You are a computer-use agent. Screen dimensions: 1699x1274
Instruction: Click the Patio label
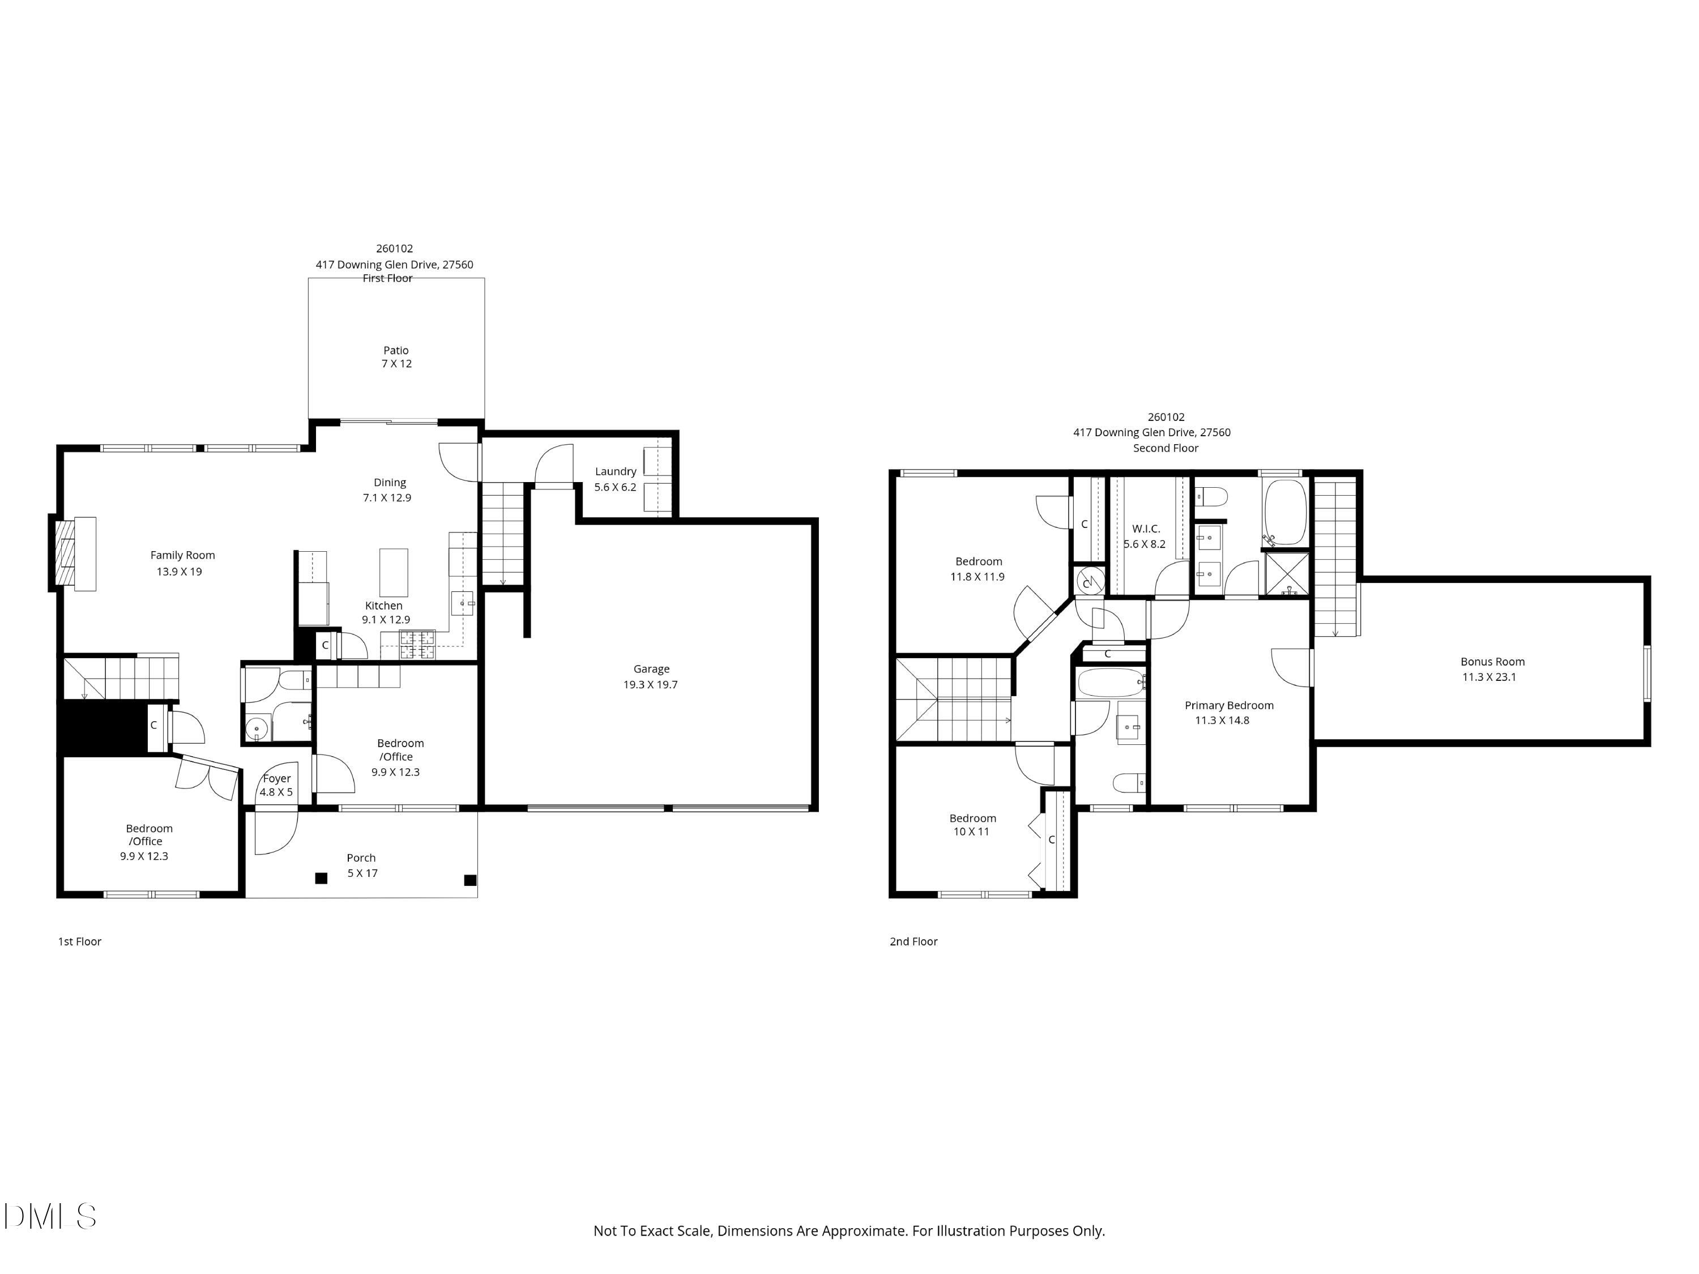click(396, 351)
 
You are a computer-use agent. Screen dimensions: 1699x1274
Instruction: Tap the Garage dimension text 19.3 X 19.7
click(651, 685)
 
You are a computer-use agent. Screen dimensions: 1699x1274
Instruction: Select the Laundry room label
click(615, 472)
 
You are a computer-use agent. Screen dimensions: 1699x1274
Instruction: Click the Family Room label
click(183, 556)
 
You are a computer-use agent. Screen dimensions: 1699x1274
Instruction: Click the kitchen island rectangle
click(394, 573)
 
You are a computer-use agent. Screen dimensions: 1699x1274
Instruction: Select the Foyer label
click(278, 778)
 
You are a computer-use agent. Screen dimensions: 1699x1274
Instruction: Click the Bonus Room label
click(1492, 662)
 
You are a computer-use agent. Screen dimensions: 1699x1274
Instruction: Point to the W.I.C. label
click(1146, 529)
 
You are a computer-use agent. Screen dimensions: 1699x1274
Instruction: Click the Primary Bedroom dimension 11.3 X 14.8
click(1222, 720)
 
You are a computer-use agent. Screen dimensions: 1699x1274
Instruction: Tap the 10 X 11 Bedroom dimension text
click(972, 832)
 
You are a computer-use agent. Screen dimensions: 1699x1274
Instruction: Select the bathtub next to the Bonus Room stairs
click(1284, 513)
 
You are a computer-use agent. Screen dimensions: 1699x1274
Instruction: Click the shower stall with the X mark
click(1287, 574)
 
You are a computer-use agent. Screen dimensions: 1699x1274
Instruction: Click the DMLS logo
click(50, 1216)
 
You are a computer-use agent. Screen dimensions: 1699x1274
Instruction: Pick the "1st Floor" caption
click(80, 941)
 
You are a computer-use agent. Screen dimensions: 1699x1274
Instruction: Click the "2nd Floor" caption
click(913, 941)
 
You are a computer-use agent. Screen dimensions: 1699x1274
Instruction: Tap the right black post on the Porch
click(470, 880)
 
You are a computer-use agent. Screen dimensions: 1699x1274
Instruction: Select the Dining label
click(390, 483)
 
